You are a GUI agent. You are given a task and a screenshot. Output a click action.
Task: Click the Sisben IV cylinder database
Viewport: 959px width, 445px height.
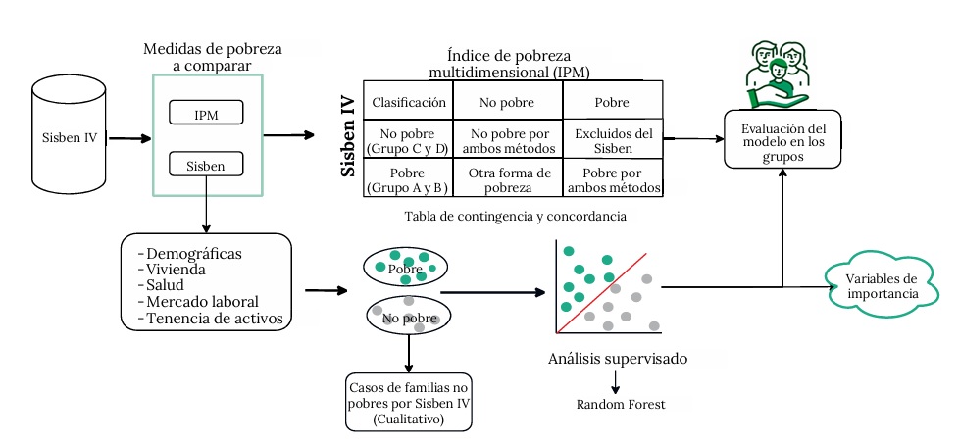tap(69, 136)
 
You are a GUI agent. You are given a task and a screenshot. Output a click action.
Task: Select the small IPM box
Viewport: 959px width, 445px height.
tap(206, 115)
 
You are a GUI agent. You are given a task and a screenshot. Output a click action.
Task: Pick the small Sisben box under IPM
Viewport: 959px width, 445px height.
tap(206, 166)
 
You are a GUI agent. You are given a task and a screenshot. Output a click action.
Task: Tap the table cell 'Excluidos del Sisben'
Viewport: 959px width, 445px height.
tap(612, 141)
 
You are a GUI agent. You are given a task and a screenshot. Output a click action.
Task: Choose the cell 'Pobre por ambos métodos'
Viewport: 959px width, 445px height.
tap(612, 179)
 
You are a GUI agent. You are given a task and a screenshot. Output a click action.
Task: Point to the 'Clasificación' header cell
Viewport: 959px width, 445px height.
tap(408, 102)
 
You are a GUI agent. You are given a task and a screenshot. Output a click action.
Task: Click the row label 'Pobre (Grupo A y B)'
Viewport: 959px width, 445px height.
tap(408, 179)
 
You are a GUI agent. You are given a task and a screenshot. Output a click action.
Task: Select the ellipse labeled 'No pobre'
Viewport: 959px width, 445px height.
tap(406, 317)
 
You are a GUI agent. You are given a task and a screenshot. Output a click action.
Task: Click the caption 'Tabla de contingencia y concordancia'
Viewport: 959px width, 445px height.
tap(515, 214)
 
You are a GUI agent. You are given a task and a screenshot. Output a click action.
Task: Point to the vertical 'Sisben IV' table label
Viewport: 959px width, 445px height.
tap(348, 135)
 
